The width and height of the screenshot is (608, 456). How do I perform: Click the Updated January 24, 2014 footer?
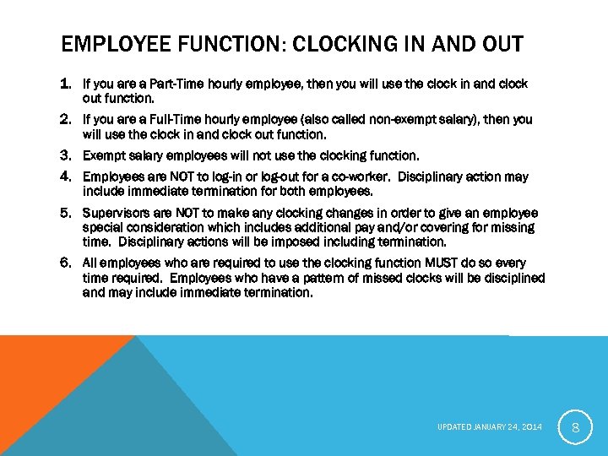(x=489, y=428)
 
